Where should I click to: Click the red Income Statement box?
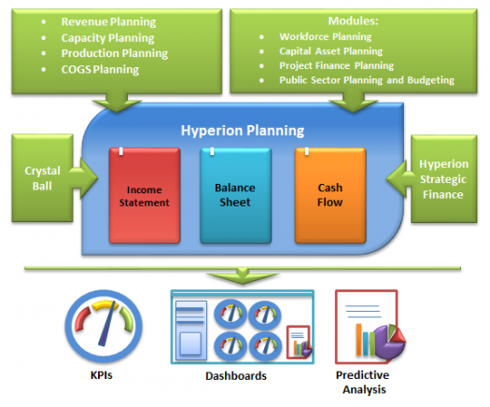(145, 195)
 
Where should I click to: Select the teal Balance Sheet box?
(235, 195)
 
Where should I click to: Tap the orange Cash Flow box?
(330, 195)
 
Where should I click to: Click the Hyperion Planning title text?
(243, 131)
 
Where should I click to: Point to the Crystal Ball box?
(43, 178)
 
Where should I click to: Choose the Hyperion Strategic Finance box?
(443, 179)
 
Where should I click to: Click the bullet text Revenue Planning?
(108, 21)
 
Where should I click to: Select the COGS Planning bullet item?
(100, 69)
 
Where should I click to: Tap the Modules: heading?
(353, 21)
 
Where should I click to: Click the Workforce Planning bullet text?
(326, 36)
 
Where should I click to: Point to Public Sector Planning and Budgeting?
(367, 80)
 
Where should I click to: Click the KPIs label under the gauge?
(101, 375)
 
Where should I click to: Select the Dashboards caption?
(236, 376)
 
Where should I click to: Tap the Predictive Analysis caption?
(363, 382)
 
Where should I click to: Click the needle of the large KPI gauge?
(107, 324)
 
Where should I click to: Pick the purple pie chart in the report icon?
(388, 343)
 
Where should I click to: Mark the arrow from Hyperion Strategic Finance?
(399, 179)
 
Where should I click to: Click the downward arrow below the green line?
(243, 275)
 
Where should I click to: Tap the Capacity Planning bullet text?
(107, 38)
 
